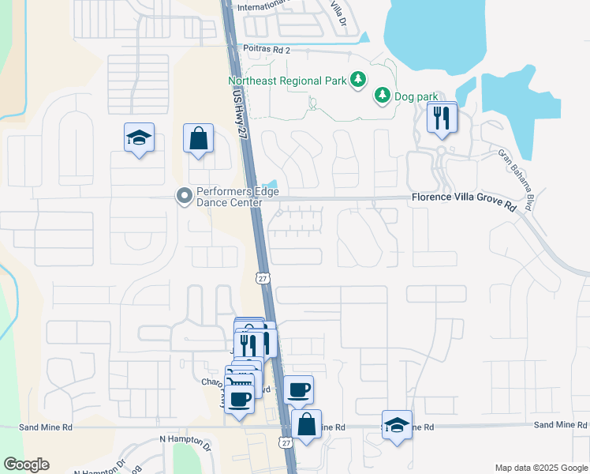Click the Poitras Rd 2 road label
point(268,50)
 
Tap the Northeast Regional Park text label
point(286,80)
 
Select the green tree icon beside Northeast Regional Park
point(358,79)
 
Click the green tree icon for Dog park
point(383,96)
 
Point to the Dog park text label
point(416,96)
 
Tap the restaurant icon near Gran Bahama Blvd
point(442,118)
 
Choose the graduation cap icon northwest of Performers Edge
point(139,138)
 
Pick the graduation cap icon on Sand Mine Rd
point(397,424)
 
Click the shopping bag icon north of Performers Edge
point(198,138)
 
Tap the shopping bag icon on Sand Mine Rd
point(306,424)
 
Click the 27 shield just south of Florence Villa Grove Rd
point(263,278)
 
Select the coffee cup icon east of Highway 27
point(298,389)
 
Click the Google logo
point(26,465)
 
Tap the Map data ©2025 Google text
point(540,468)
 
